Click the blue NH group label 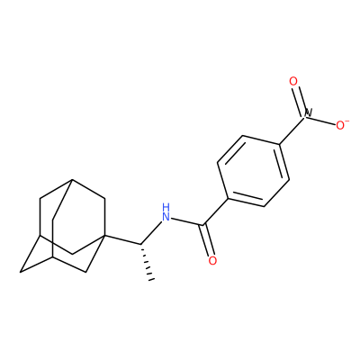(x=166, y=212)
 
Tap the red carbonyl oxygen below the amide (x=212, y=260)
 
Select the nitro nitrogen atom (x=308, y=114)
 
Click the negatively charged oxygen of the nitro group (x=340, y=125)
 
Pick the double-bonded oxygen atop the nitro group (x=293, y=81)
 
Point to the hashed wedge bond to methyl (x=146, y=262)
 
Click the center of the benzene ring (x=254, y=171)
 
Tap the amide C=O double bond (x=207, y=240)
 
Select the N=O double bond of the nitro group (x=300, y=98)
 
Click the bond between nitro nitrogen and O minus (x=322, y=120)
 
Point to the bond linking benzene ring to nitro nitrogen (x=292, y=130)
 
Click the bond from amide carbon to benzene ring (x=216, y=211)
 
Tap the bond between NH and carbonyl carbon (x=187, y=221)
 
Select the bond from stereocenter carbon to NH (x=151, y=232)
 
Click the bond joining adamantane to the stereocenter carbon (x=121, y=239)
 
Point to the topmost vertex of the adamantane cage (x=72, y=179)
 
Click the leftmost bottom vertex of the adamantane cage (x=21, y=272)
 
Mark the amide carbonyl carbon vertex (x=204, y=225)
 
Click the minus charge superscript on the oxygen (x=347, y=121)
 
